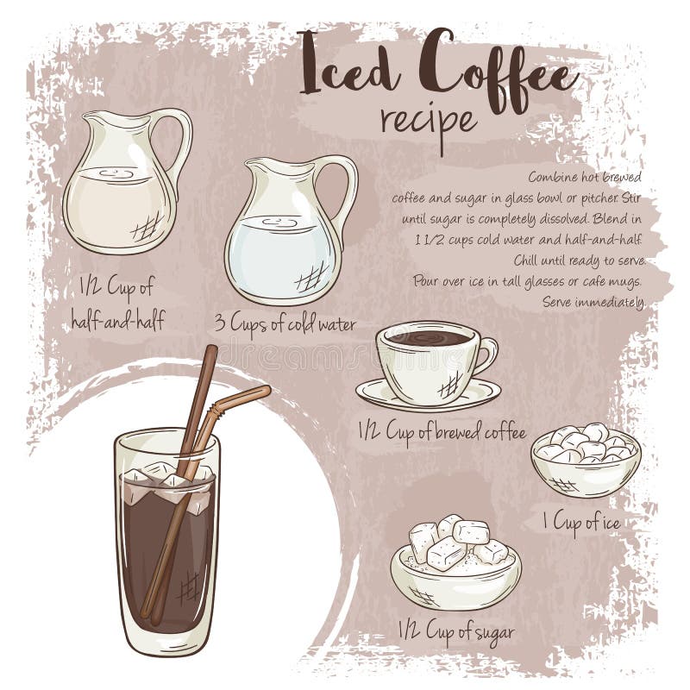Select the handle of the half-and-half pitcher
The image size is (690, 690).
pos(179,138)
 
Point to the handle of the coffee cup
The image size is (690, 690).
pos(486,354)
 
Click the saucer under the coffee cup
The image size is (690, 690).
pos(429,396)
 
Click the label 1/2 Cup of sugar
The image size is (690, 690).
pos(456,630)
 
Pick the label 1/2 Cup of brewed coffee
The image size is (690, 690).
pos(442,432)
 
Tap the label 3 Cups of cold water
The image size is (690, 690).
pos(285,324)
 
